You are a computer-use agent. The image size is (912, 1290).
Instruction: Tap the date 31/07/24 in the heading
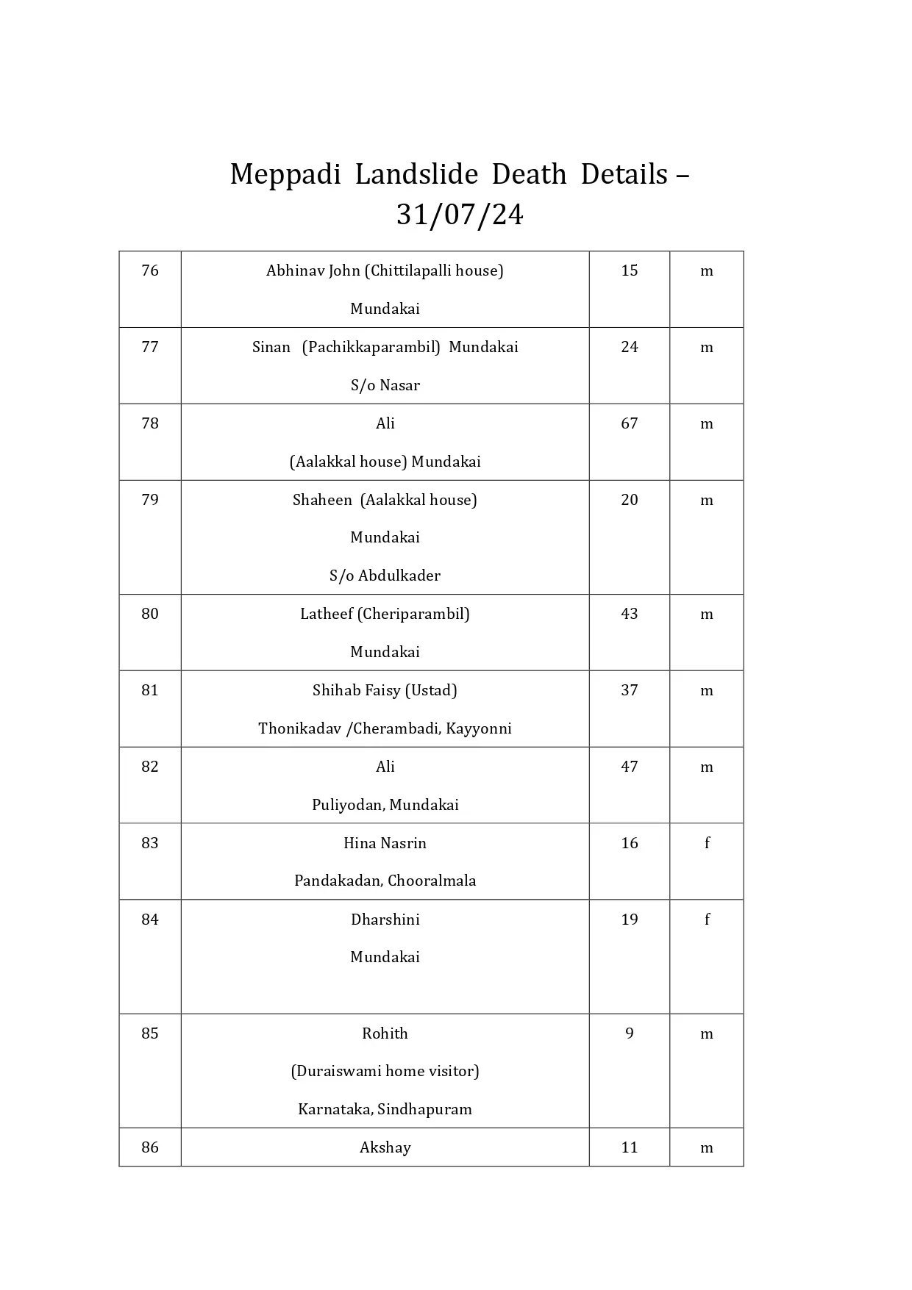tap(460, 215)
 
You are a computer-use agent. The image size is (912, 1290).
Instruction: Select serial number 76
tap(150, 270)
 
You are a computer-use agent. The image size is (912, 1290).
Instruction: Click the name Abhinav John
tap(313, 270)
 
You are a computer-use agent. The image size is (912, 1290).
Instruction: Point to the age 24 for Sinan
tap(629, 347)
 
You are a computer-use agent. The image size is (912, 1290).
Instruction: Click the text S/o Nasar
tap(385, 385)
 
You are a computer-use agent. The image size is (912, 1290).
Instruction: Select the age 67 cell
tap(629, 423)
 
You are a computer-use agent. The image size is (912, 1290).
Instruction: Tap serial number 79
tap(150, 500)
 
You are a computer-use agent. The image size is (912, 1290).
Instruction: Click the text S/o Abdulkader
tap(385, 576)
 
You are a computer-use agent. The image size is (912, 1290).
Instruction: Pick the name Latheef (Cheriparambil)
tap(385, 614)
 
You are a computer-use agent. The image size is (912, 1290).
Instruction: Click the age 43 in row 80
tap(629, 614)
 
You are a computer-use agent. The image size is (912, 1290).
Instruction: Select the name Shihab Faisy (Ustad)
tap(385, 690)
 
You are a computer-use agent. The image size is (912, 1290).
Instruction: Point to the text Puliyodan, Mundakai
tap(385, 805)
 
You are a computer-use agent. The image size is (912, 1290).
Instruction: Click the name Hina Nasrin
tap(385, 843)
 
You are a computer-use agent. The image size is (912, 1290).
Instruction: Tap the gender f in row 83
tap(707, 843)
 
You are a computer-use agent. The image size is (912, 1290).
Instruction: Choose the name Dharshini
tap(385, 920)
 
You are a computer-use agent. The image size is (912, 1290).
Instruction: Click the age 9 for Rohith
tap(629, 1033)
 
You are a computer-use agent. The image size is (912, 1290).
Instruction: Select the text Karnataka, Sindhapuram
tap(385, 1109)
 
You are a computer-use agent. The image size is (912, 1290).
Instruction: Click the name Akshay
tap(385, 1147)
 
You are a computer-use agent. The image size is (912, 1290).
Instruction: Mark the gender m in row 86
tap(707, 1147)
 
